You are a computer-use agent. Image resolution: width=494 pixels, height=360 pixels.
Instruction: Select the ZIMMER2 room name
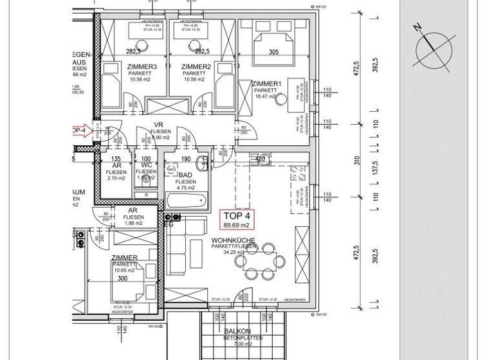(196, 67)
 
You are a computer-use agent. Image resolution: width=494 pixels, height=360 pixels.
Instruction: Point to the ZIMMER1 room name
(267, 84)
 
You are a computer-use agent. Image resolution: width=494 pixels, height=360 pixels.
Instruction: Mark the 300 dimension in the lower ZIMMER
(122, 280)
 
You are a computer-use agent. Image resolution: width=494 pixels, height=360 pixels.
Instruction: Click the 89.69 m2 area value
(238, 224)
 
